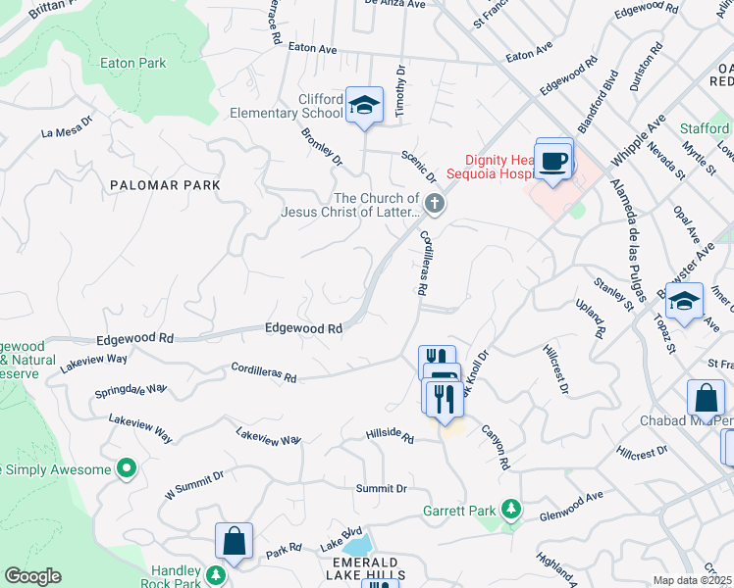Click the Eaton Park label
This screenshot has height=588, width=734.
pos(133,63)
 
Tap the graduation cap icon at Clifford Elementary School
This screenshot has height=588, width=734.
pos(364,106)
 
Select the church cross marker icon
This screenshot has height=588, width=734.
pos(435,204)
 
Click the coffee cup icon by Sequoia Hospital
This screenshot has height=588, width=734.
pos(554,161)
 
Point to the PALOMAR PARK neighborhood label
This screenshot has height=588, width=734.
pos(165,184)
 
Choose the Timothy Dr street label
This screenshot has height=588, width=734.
pos(400,92)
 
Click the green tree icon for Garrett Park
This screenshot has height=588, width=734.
pos(509,510)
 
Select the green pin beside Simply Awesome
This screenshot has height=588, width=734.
pos(126,469)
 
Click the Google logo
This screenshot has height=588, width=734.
pos(32,576)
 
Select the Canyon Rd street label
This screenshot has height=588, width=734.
pos(496,446)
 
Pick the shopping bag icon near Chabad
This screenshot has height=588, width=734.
pos(706,399)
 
